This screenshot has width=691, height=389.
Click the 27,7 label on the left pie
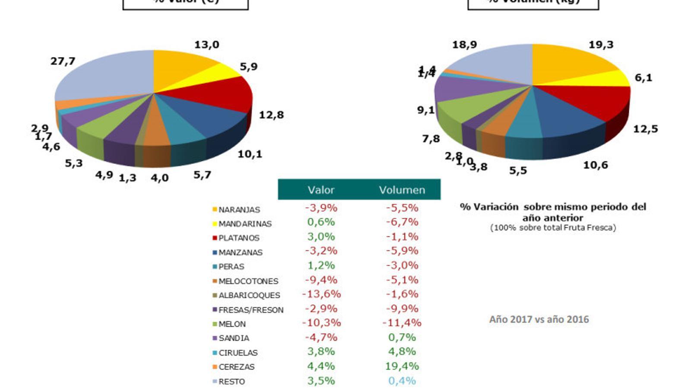point(63,61)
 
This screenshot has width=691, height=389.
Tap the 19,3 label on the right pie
point(601,45)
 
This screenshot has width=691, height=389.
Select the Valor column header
point(321,190)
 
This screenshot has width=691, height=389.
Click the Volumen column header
point(402,190)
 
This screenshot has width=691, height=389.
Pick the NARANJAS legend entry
point(239,210)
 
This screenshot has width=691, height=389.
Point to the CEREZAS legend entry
point(236,367)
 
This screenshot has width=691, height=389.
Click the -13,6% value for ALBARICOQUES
point(321,294)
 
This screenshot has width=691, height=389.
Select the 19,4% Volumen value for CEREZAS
point(402,366)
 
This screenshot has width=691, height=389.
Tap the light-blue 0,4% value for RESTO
point(402,381)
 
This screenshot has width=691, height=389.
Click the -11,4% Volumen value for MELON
point(402,323)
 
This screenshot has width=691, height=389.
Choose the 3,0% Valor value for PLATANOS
point(321,237)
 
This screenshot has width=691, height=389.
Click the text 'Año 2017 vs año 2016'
point(539,319)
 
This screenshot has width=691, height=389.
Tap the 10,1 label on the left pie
point(250,154)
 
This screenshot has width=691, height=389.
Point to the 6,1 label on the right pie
point(643,78)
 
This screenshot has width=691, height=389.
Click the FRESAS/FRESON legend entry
point(250,310)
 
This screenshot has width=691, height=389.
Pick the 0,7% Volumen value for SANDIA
point(402,337)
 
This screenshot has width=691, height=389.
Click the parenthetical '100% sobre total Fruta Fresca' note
point(553,228)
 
